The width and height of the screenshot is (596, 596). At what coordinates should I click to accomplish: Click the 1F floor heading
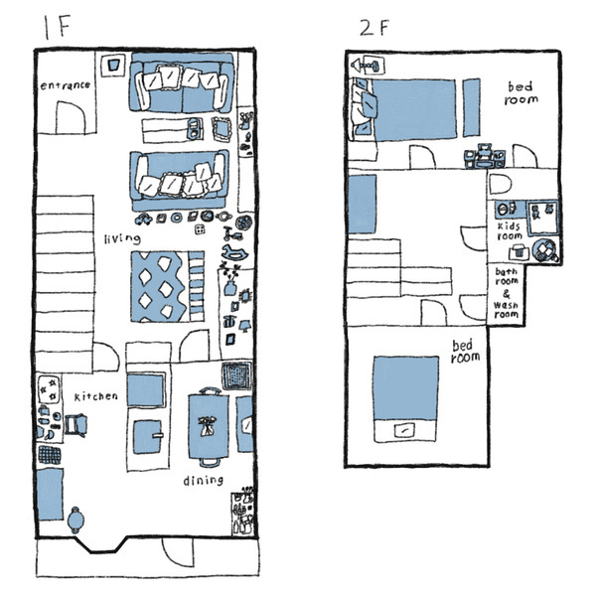click(x=57, y=28)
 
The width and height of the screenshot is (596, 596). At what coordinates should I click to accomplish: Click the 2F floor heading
click(x=374, y=28)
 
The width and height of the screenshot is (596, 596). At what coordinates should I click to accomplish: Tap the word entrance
click(x=66, y=85)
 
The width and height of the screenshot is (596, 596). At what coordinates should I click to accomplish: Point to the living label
click(x=122, y=238)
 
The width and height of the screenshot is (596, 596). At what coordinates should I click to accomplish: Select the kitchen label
click(x=95, y=396)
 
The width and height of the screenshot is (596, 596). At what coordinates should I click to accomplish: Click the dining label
click(x=203, y=481)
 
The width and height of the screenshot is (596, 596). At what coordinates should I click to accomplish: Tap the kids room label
click(x=510, y=231)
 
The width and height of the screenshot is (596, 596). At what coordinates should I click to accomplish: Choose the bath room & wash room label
click(x=507, y=293)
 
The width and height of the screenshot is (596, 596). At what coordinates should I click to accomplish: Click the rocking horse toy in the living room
click(x=234, y=252)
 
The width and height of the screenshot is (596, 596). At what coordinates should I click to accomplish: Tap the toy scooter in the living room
click(x=232, y=233)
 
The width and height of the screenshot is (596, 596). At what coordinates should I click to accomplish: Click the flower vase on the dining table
click(x=208, y=426)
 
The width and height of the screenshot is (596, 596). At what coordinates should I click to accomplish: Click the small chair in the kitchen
click(x=76, y=425)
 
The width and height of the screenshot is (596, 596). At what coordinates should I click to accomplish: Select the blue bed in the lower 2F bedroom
click(x=405, y=399)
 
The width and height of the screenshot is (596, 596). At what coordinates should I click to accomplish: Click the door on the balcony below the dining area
click(x=178, y=552)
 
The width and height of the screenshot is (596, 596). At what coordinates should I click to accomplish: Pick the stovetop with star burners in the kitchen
click(x=50, y=389)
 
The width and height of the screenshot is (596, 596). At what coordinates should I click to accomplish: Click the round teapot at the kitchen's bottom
click(x=75, y=520)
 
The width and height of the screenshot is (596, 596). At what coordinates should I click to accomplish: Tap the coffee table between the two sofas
click(x=173, y=130)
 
